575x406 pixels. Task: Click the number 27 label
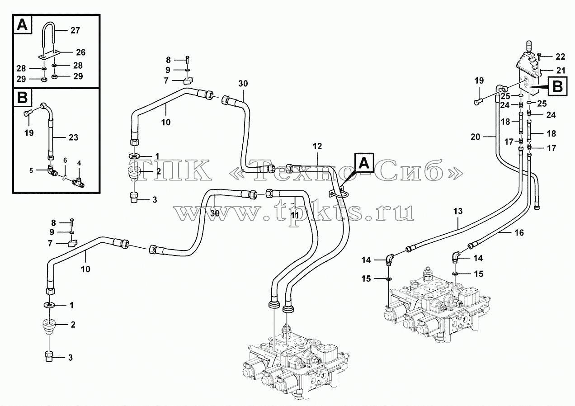click(x=75, y=31)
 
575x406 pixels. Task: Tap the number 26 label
click(x=80, y=52)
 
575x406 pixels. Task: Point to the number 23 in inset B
click(x=73, y=137)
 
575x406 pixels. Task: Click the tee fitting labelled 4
click(x=79, y=183)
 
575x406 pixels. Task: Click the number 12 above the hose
click(x=317, y=146)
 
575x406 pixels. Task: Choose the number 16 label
click(x=519, y=233)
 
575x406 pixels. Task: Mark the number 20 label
click(x=476, y=137)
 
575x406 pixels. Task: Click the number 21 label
click(x=561, y=70)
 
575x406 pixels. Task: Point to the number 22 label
click(x=561, y=57)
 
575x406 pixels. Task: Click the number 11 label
click(x=295, y=215)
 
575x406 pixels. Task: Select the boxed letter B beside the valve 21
click(x=558, y=86)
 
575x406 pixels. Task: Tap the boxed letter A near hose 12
click(x=364, y=162)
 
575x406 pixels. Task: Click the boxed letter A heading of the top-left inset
click(x=23, y=25)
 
